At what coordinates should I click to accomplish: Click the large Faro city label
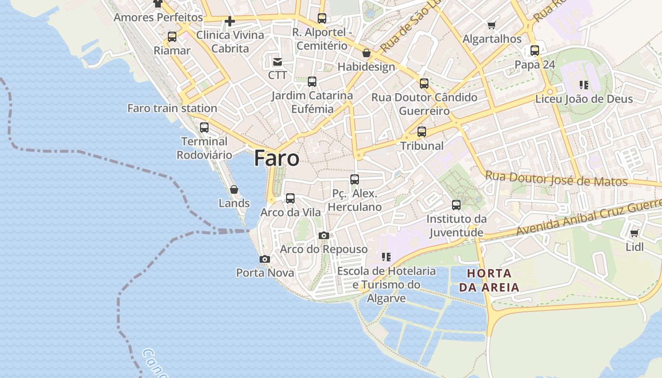click(277, 158)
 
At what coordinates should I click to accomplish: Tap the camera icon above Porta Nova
click(265, 259)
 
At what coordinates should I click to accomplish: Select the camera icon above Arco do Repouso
click(323, 235)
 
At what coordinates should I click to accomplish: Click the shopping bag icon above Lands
click(234, 189)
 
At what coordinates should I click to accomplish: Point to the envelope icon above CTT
click(277, 61)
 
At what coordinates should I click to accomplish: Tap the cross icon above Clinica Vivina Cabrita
click(230, 21)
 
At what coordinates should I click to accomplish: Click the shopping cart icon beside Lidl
click(634, 233)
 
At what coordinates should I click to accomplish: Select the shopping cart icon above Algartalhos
click(492, 25)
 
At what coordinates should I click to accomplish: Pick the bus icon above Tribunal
click(422, 132)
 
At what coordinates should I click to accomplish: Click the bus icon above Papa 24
click(535, 51)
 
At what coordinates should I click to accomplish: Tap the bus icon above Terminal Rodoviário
click(204, 128)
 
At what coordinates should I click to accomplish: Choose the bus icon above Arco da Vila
click(290, 198)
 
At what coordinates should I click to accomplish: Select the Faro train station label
click(172, 108)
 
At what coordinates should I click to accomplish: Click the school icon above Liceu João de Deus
click(584, 85)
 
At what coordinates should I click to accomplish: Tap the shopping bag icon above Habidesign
click(366, 53)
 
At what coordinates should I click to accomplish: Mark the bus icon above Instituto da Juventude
click(456, 205)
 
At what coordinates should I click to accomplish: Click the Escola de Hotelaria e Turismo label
click(386, 284)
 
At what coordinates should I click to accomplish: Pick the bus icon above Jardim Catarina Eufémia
click(312, 82)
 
